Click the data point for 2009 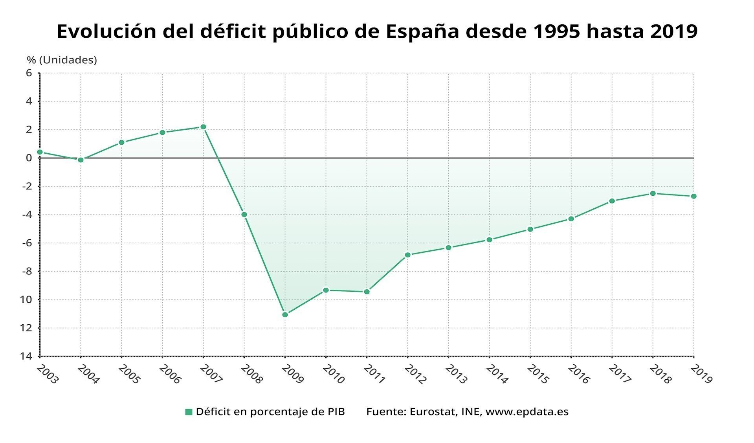point(285,314)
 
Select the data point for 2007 point(203,127)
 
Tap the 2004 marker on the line point(81,160)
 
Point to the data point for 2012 point(407,255)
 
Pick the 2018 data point point(653,193)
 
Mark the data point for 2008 point(244,215)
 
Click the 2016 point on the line point(571,219)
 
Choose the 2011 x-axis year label point(374,374)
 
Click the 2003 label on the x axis point(47,374)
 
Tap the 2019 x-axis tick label point(701,374)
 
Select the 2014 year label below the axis point(497,374)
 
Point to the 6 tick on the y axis point(29,73)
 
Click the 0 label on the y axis point(29,158)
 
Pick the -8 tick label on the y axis point(26,271)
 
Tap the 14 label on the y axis point(26,356)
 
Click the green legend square point(189,412)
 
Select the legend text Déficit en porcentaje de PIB point(270,412)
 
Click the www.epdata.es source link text point(527,412)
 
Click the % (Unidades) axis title point(62,60)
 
